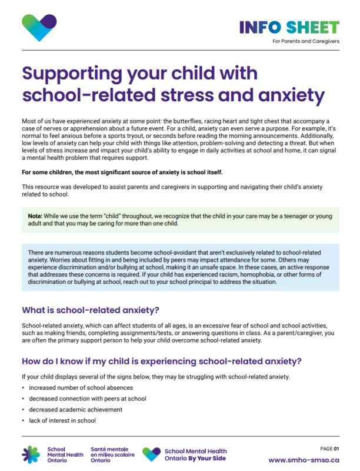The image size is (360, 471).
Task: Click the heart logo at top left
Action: (39, 27)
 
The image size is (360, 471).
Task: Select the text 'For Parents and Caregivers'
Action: (306, 41)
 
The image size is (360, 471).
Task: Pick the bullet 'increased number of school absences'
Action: (81, 387)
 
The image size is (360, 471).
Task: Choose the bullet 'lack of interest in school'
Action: (62, 420)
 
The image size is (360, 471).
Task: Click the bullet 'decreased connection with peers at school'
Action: (87, 399)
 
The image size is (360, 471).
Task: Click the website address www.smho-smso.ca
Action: (304, 460)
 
